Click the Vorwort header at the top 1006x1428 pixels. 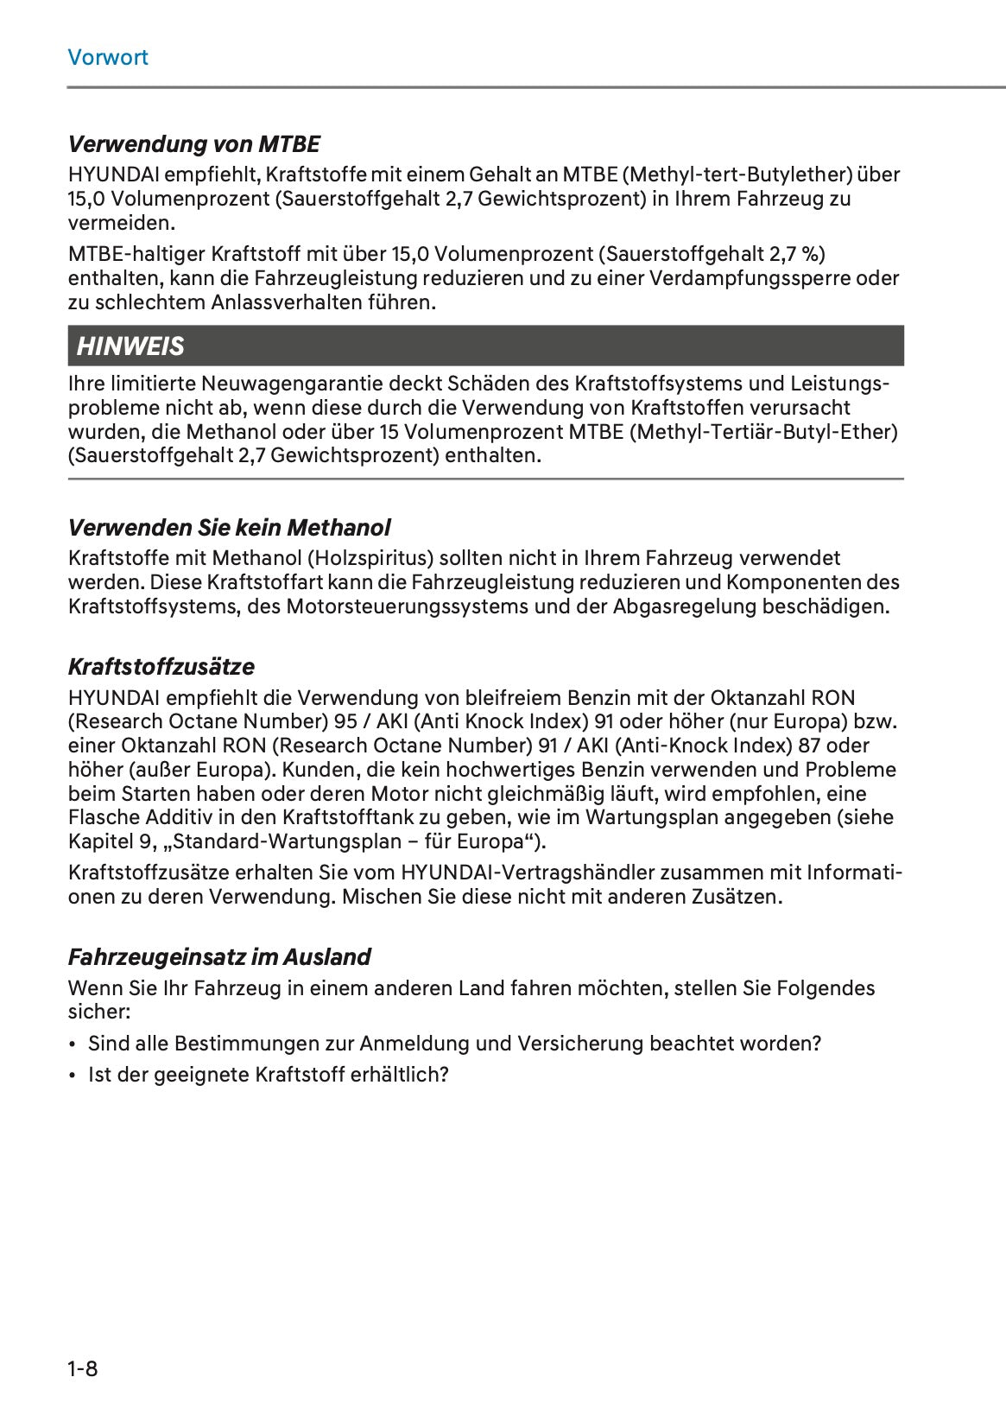(108, 58)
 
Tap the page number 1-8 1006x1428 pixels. (83, 1368)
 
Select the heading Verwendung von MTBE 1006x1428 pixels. (194, 143)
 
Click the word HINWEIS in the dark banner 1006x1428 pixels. (130, 346)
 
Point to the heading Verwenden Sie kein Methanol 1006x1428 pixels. (229, 527)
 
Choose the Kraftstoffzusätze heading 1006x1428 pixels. (161, 667)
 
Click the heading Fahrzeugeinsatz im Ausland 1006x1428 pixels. (219, 957)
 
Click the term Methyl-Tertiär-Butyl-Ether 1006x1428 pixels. (765, 431)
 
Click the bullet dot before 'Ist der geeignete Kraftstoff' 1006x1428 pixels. (73, 1076)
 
